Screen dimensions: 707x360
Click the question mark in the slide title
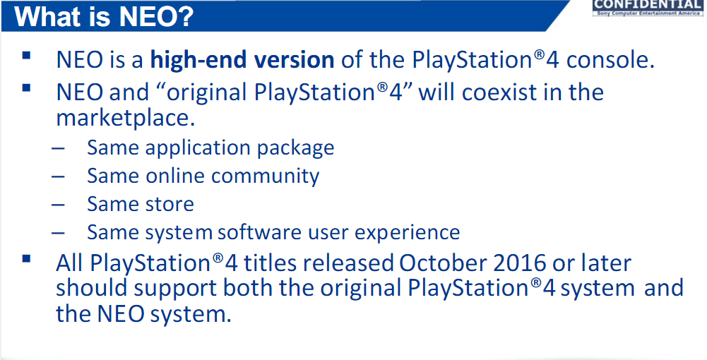[x=184, y=17]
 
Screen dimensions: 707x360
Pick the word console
[x=610, y=61]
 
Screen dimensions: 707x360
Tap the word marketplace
[x=125, y=119]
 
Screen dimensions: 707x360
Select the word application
[x=198, y=148]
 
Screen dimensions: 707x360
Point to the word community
[x=265, y=176]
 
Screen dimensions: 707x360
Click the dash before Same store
[x=58, y=205]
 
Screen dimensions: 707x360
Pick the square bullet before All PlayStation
[x=26, y=258]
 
